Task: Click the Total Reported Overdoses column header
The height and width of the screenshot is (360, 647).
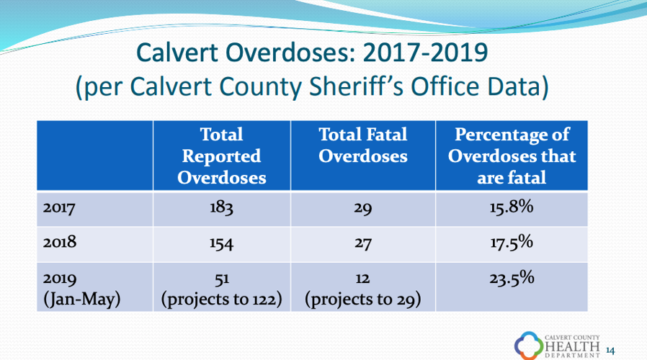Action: (220, 156)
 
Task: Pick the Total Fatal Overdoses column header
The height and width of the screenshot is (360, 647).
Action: (362, 145)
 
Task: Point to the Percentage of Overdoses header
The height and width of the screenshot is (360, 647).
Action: (512, 156)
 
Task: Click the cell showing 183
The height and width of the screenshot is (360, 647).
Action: (221, 210)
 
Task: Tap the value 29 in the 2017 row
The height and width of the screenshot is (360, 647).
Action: (362, 210)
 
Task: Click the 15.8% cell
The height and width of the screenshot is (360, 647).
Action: (511, 208)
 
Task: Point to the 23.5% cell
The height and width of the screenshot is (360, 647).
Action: (511, 277)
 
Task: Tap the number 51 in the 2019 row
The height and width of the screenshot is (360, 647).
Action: (221, 279)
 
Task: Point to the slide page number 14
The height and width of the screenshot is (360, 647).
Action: (612, 351)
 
